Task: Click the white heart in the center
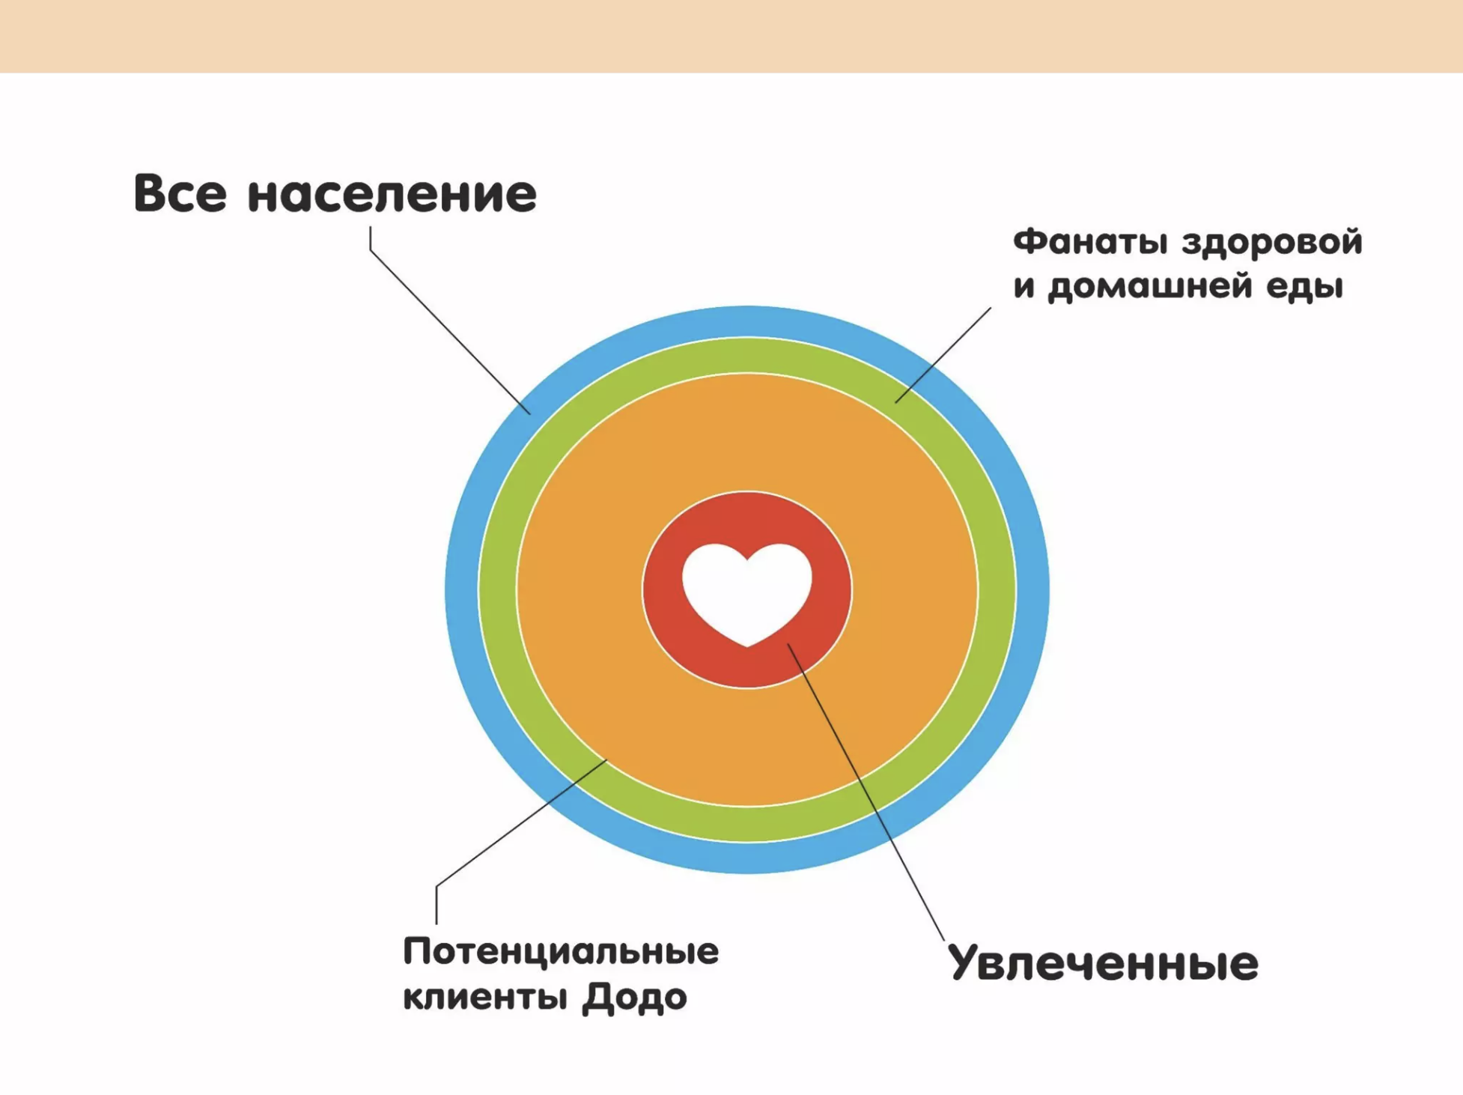pyautogui.click(x=746, y=592)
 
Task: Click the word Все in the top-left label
pyautogui.click(x=180, y=193)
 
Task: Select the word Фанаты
pyautogui.click(x=1090, y=243)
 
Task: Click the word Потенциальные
pyautogui.click(x=561, y=952)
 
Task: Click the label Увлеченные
pyautogui.click(x=1103, y=963)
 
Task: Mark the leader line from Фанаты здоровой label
pyautogui.click(x=943, y=355)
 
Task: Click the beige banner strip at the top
pyautogui.click(x=731, y=36)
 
